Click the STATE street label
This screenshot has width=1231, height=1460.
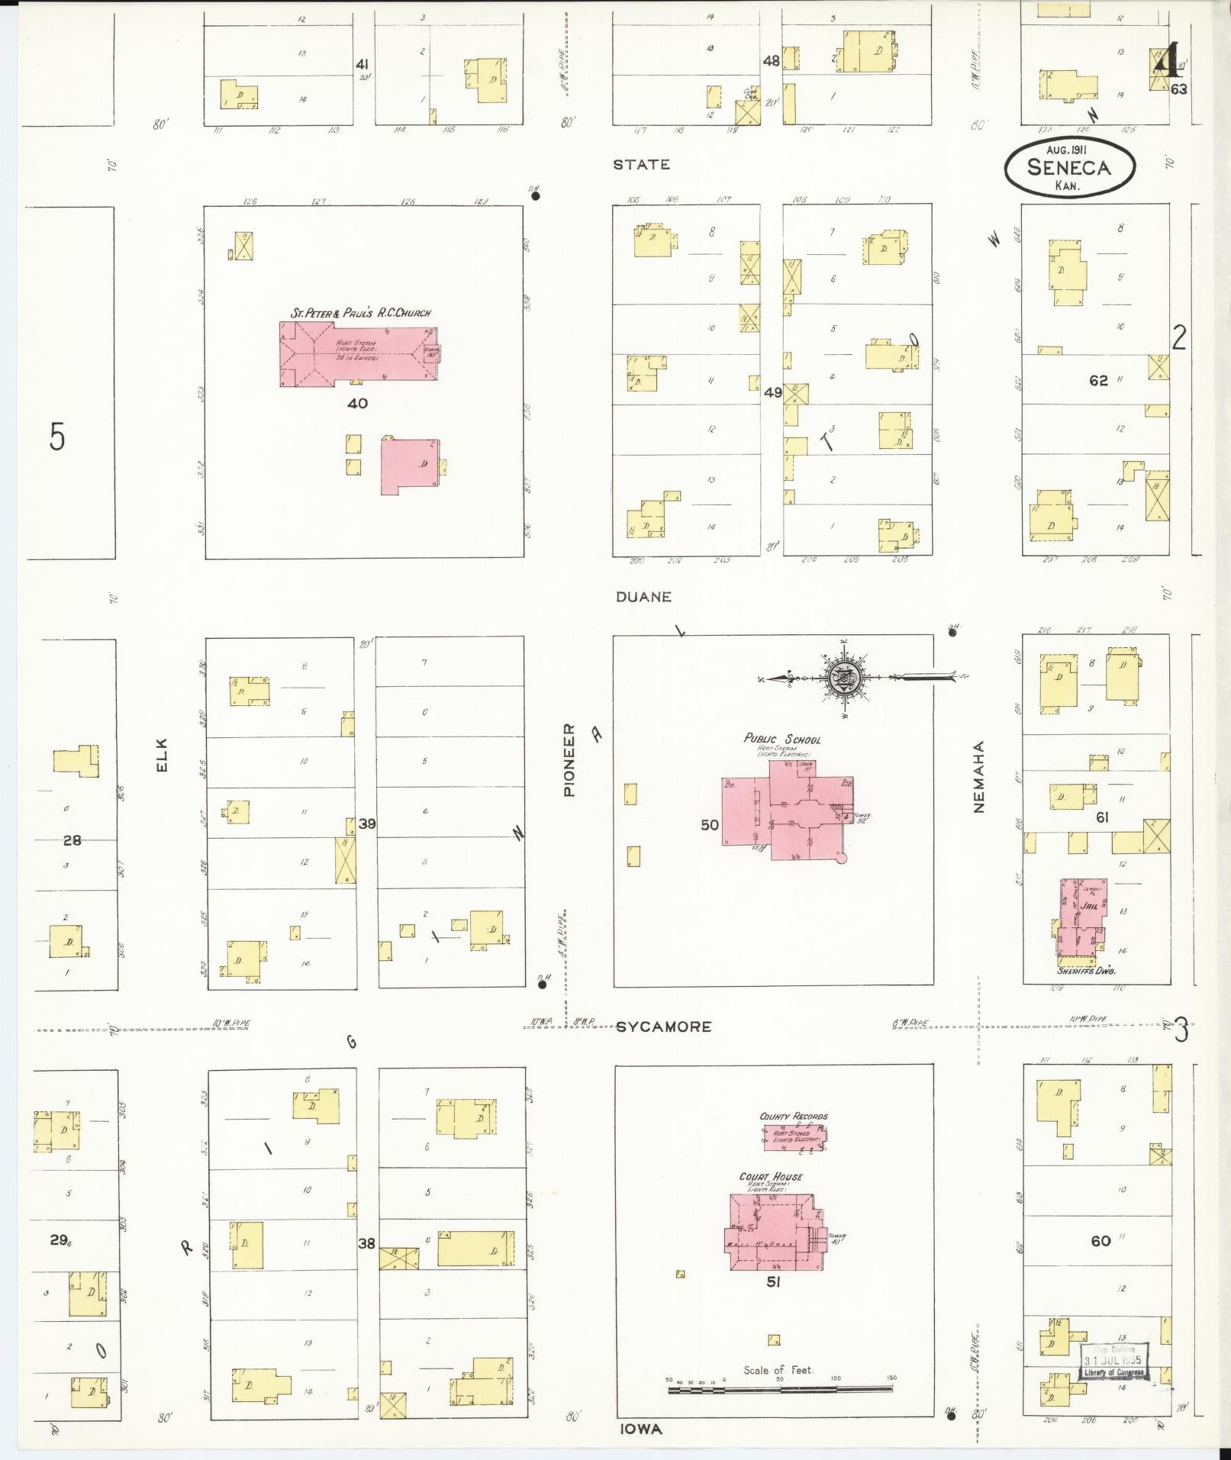tap(643, 164)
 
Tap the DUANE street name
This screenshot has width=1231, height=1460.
tap(643, 597)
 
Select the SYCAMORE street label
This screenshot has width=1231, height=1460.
tap(663, 1027)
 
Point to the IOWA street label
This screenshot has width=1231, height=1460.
tap(640, 1429)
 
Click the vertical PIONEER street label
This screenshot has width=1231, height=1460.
tap(569, 760)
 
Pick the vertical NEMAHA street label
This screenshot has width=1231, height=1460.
tap(980, 776)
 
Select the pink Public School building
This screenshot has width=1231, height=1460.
tap(786, 809)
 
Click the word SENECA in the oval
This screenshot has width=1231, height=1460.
tap(1068, 168)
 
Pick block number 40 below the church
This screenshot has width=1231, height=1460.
tap(357, 403)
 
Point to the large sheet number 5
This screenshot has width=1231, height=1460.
tap(57, 437)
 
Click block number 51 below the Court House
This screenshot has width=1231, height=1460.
tap(773, 1282)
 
